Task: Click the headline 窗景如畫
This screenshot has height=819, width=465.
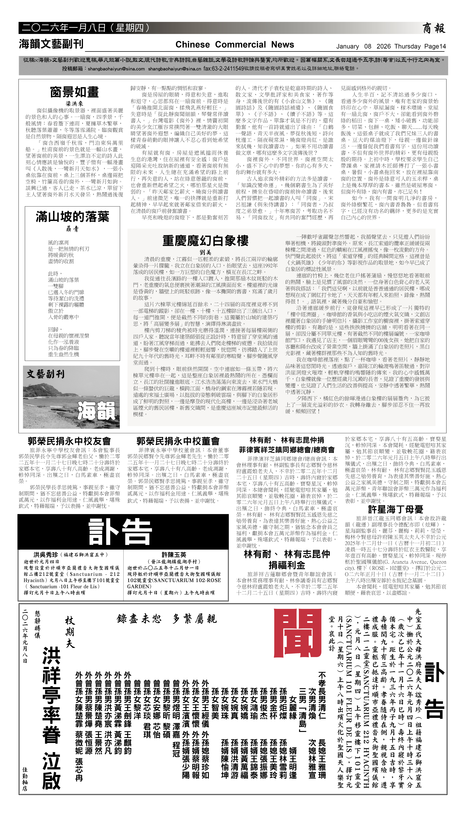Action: (74, 92)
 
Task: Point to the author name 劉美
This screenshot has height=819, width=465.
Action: (205, 252)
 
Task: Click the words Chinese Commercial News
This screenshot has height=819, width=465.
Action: (235, 45)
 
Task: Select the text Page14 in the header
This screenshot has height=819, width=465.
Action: (435, 46)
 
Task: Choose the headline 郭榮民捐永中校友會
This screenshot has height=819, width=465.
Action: (69, 441)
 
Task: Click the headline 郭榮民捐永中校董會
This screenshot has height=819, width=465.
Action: (178, 441)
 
